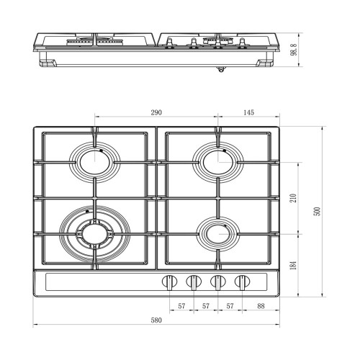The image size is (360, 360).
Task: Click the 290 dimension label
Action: pos(156,112)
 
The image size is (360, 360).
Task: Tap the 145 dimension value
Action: pos(248,112)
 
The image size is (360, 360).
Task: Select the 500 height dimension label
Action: pos(318,211)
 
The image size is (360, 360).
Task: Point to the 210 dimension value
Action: pos(294,198)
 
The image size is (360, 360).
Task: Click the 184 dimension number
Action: pos(294,266)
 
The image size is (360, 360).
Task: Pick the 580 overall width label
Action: pos(156,320)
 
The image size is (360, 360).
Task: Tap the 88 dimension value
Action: pos(261,306)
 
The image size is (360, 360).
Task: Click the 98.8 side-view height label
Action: pos(294,50)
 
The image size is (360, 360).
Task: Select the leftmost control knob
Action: pos(170,282)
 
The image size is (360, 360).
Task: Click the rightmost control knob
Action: pos(242,282)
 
